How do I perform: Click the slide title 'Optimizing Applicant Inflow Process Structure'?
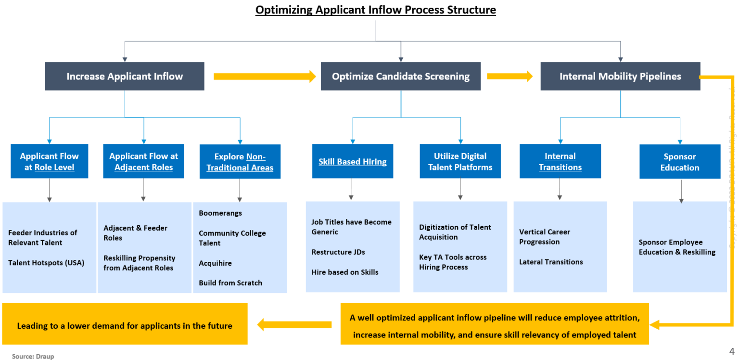[375, 10]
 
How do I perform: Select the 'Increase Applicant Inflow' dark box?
[125, 77]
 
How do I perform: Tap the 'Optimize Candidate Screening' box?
[400, 77]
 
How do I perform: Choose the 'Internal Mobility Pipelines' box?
[620, 77]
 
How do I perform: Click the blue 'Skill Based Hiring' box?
[352, 162]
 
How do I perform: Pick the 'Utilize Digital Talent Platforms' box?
[460, 162]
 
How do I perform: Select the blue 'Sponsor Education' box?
[679, 162]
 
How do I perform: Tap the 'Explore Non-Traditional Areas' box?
[240, 162]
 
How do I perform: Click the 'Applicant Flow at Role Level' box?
[49, 162]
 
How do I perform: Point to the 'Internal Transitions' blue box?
[560, 162]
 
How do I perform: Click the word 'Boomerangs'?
[220, 213]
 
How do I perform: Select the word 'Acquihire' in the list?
[216, 263]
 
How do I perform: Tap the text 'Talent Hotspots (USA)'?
[46, 263]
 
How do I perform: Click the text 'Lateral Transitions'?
[551, 262]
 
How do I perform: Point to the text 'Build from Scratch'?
[230, 283]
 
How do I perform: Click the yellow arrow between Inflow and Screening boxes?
[264, 76]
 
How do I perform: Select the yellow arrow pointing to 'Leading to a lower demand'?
[294, 324]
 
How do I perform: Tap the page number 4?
[732, 350]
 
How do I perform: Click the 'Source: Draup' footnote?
[33, 357]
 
